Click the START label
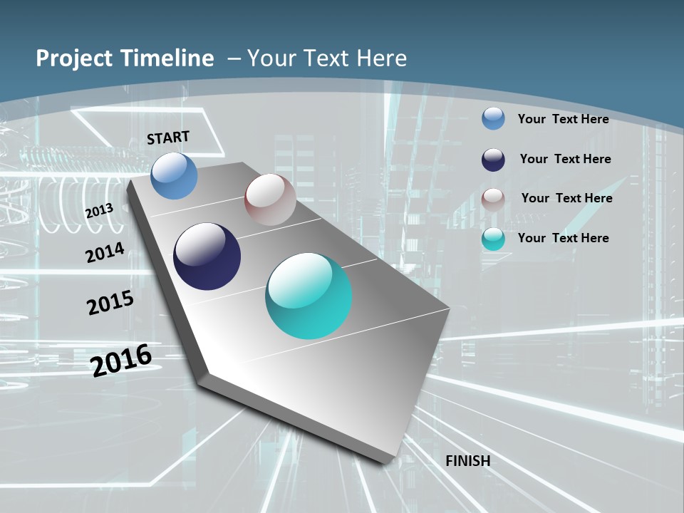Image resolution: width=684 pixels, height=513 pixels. (168, 138)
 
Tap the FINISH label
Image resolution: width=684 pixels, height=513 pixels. (468, 461)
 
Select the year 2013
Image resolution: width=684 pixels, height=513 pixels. (99, 211)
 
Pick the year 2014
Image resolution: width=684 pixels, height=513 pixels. (105, 253)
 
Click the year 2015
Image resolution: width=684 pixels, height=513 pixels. (110, 303)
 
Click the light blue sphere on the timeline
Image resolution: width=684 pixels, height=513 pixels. (175, 175)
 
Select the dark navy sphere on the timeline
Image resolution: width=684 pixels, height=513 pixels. (207, 256)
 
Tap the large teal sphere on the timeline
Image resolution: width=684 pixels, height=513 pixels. (309, 296)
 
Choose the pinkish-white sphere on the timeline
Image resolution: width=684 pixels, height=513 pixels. (270, 199)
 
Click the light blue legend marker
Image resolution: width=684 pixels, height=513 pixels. (493, 118)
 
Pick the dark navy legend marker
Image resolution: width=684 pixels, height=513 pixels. (493, 160)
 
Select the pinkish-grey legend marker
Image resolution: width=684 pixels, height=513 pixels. (493, 199)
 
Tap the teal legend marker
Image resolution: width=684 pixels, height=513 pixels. (493, 239)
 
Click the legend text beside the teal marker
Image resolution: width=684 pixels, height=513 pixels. (563, 238)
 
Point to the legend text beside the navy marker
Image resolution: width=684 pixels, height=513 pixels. (565, 159)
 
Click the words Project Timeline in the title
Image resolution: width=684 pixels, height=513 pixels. (125, 58)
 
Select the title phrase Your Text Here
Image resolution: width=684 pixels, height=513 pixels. (327, 58)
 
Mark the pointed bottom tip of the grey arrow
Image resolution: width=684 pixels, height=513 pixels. (388, 462)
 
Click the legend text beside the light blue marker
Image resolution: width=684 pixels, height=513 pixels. (563, 119)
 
